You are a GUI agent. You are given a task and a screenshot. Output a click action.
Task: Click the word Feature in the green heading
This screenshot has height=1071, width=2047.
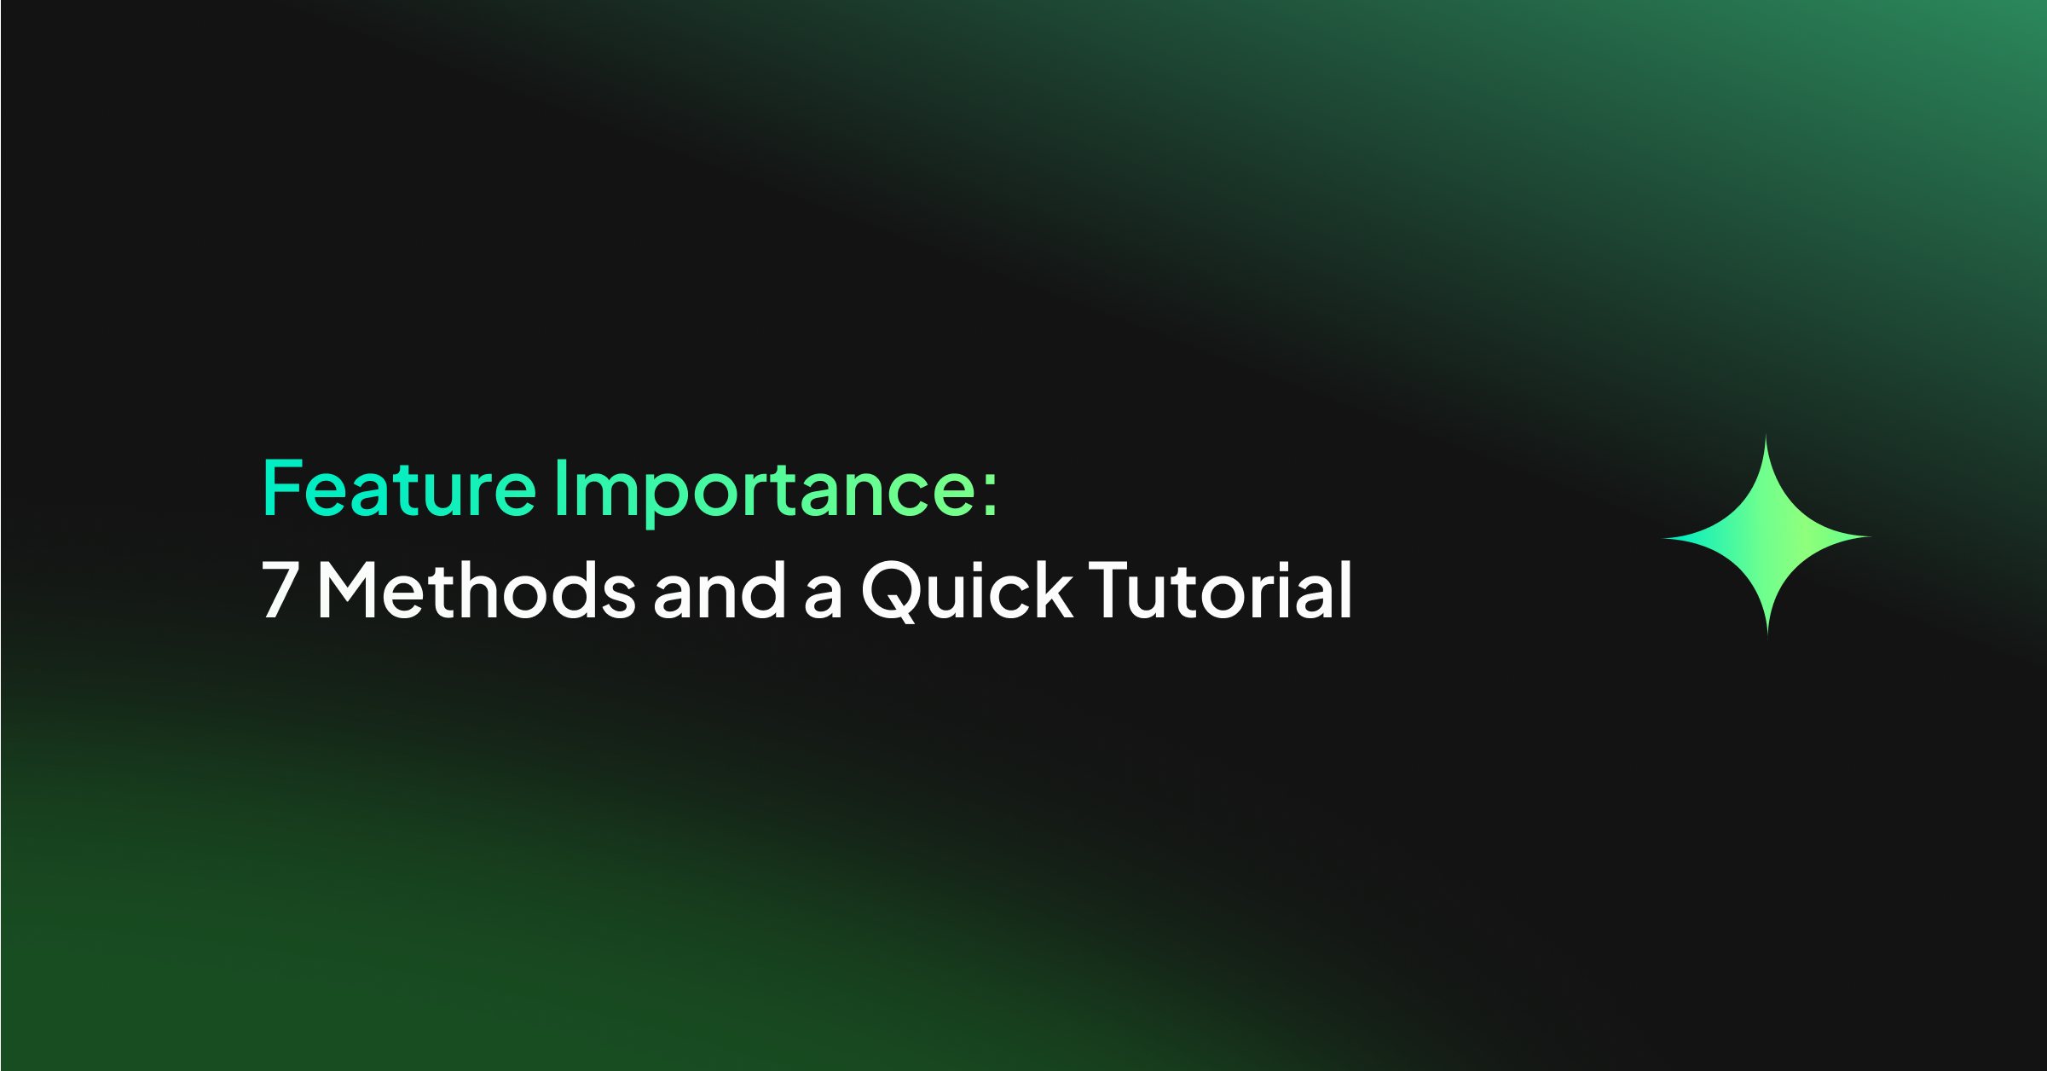399,489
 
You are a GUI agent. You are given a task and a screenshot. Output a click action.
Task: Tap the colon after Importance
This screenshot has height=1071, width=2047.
989,493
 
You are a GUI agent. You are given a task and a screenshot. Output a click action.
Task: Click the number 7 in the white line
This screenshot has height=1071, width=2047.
279,590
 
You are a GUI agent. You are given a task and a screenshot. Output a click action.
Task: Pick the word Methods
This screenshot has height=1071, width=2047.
476,590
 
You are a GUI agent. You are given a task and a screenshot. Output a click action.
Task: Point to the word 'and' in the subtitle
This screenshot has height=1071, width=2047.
719,590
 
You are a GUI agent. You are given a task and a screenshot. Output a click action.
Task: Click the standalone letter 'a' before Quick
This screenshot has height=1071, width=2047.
823,596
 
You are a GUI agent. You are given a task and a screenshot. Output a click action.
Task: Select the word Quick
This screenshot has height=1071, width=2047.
966,590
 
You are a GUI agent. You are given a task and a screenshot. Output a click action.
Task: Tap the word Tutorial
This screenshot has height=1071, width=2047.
1220,590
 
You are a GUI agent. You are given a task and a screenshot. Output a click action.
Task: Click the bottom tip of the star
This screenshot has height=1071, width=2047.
1767,633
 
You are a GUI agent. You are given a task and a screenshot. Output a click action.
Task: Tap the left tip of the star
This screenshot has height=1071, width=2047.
1666,538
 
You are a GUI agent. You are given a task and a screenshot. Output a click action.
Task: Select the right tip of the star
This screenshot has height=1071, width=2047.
1869,537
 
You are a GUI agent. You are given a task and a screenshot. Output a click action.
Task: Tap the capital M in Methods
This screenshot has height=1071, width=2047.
346,590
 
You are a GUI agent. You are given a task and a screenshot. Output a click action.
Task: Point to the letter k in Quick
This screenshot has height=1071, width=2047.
1054,590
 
